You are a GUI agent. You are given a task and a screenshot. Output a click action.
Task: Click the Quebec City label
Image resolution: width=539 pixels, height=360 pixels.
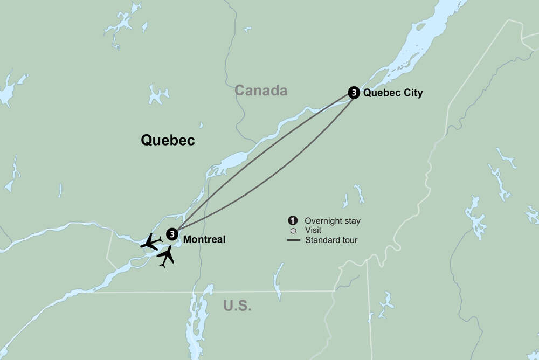(393, 93)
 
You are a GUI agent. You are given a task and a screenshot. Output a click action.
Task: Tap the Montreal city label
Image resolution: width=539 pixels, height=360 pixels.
(204, 239)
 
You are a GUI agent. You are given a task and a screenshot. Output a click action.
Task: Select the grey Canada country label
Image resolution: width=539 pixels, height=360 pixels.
(261, 91)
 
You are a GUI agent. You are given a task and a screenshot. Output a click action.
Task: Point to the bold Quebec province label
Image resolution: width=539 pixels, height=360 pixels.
(168, 140)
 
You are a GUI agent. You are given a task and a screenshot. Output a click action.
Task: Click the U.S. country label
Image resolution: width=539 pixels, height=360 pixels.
(238, 306)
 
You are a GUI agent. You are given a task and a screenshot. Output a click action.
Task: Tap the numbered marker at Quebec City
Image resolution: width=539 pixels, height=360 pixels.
(354, 93)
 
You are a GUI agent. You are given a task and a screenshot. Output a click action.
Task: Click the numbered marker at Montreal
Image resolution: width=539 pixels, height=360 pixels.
(172, 234)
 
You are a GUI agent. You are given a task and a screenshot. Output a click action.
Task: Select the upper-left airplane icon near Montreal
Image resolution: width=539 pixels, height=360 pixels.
(150, 242)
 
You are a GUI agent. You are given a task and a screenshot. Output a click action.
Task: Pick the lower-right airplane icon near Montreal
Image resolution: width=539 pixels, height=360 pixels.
(167, 256)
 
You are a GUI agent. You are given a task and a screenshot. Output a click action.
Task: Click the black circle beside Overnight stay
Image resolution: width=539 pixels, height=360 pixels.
(293, 220)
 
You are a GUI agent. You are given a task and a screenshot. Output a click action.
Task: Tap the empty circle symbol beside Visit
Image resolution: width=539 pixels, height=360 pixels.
(293, 230)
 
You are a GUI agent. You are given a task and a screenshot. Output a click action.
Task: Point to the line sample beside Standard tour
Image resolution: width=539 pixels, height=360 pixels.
(293, 240)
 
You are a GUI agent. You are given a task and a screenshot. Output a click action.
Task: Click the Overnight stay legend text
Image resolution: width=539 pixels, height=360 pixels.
(333, 221)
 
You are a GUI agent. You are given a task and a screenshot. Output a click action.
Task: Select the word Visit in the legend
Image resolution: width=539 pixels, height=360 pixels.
(313, 230)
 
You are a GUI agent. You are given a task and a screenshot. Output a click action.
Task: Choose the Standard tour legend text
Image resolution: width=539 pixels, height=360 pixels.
(331, 240)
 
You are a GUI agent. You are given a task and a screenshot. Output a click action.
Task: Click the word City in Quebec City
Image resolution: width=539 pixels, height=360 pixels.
(411, 93)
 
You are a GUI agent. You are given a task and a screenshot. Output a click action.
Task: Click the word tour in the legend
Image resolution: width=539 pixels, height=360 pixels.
(349, 240)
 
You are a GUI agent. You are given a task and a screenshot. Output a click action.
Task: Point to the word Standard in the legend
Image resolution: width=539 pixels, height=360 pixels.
(322, 240)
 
